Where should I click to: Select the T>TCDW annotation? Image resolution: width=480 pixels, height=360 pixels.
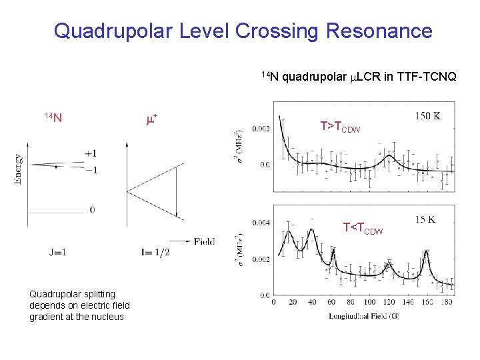340,127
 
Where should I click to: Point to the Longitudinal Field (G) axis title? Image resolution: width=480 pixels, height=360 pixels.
364,315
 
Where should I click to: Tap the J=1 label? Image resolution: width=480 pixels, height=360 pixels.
57,252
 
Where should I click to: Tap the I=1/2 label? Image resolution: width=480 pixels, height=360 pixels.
155,252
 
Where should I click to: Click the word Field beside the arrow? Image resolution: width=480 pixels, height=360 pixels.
204,241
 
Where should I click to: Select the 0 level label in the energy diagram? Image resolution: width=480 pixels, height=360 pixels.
92,210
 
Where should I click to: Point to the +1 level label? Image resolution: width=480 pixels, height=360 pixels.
91,153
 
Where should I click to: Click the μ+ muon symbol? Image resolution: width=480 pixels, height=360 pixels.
151,119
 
